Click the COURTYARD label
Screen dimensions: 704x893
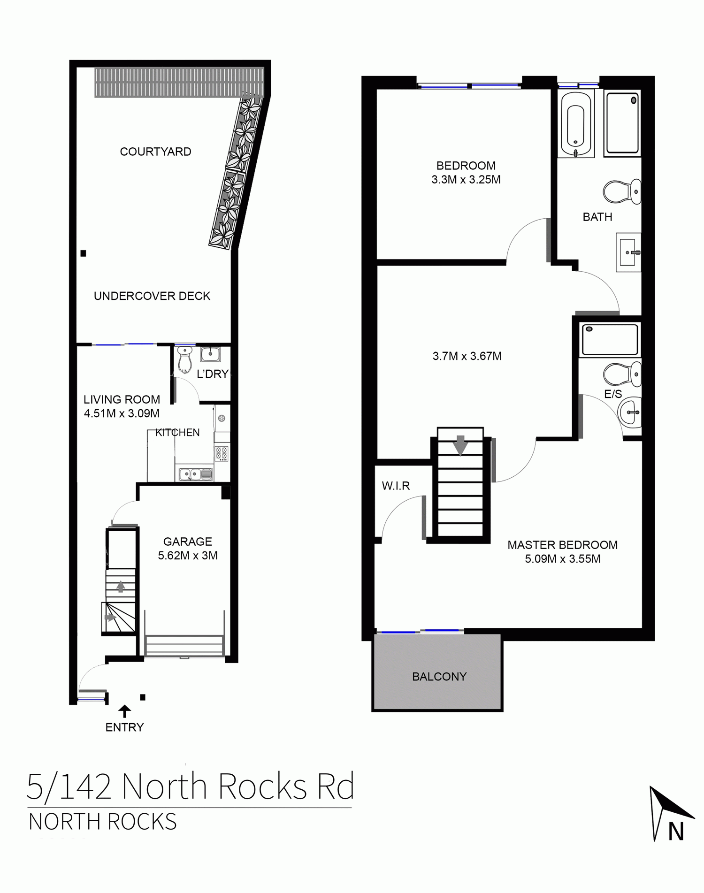coord(155,152)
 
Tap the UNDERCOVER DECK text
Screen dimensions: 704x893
coord(152,296)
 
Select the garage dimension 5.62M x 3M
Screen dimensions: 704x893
coord(188,556)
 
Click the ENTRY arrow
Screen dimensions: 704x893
coord(124,711)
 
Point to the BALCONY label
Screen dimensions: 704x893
coord(439,677)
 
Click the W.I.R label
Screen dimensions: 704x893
coord(396,486)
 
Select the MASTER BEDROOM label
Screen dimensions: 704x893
coord(562,545)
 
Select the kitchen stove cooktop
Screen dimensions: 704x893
coord(222,454)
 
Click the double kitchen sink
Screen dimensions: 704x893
coord(195,474)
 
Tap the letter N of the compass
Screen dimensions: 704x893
coord(676,832)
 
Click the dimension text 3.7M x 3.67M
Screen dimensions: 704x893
coord(467,356)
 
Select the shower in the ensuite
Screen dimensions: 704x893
coord(610,340)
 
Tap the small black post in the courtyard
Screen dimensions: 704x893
coord(84,253)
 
